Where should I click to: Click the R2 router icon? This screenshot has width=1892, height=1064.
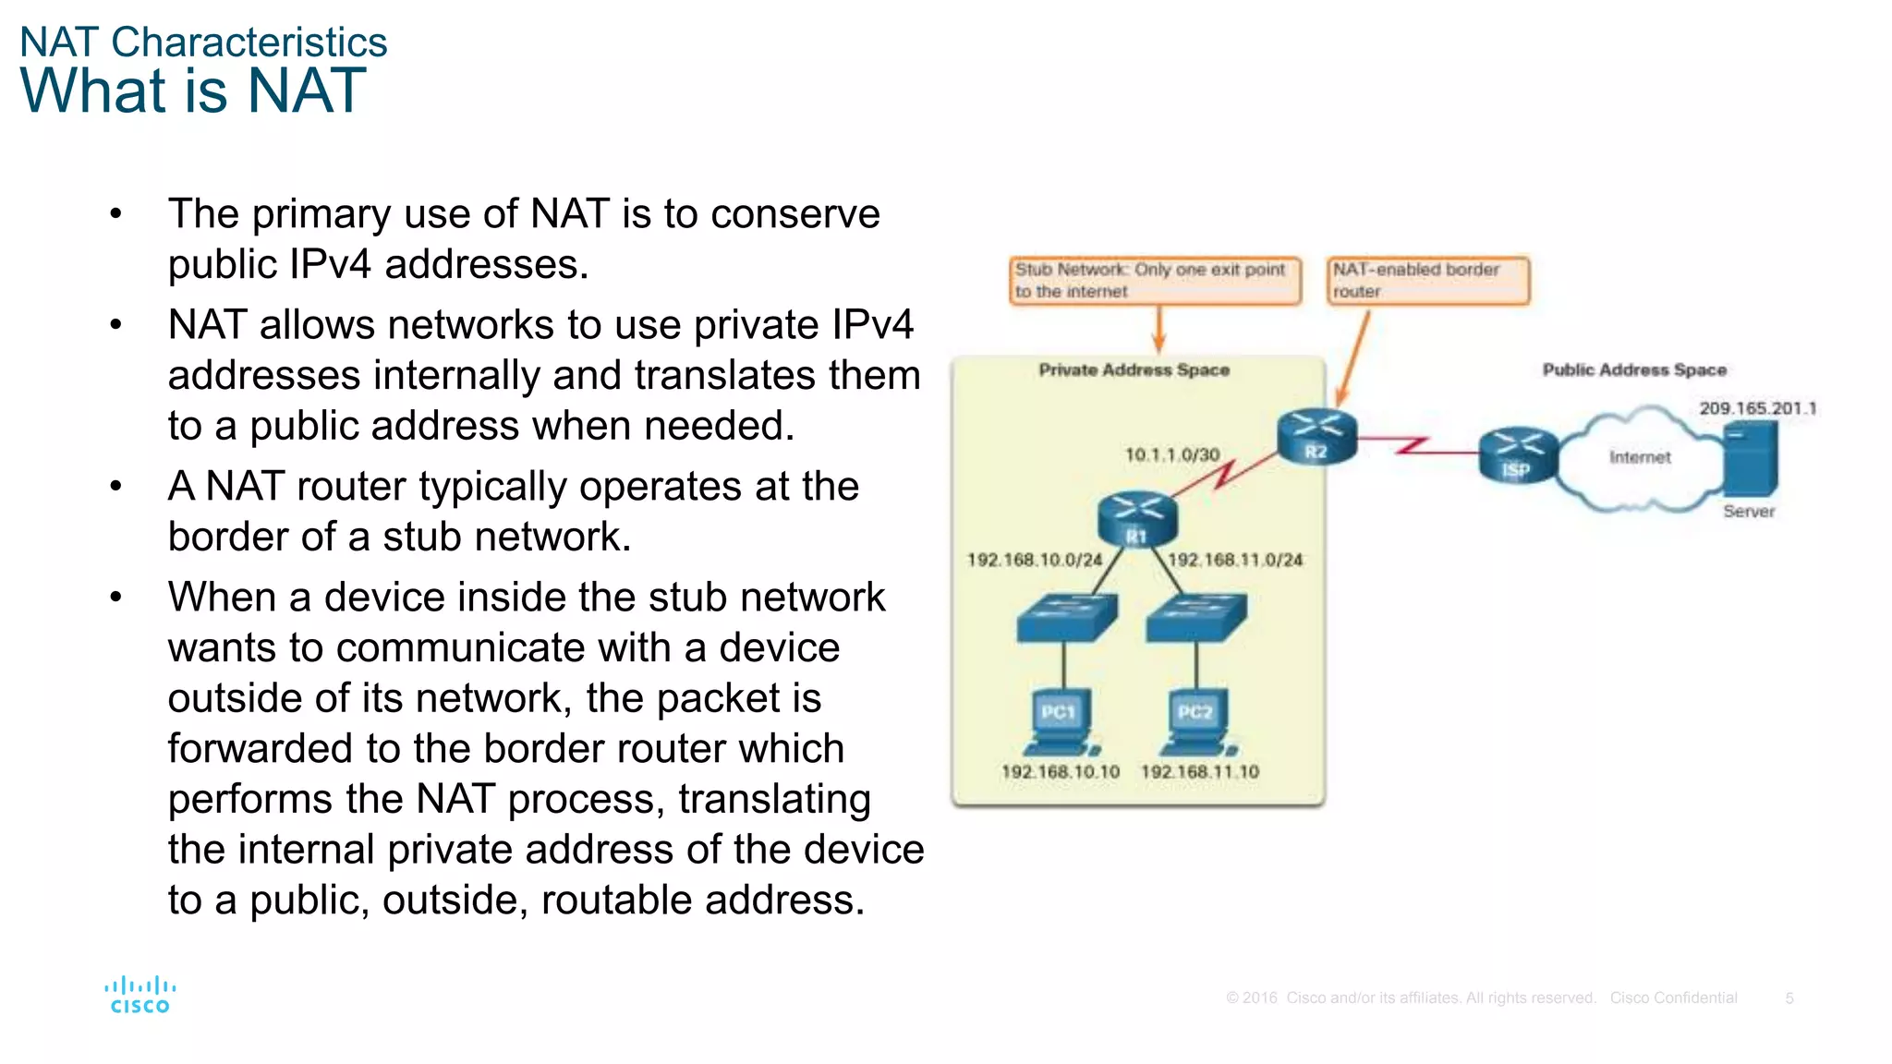coord(1316,437)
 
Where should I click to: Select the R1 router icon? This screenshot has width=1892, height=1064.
coord(1136,519)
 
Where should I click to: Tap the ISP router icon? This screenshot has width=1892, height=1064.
coord(1517,455)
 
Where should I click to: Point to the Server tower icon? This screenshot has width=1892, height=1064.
coord(1750,459)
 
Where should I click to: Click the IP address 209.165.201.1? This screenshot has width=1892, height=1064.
coord(1757,408)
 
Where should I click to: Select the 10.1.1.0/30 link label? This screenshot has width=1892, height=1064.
coord(1171,454)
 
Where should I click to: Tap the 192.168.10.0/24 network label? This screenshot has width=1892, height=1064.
coord(1034,560)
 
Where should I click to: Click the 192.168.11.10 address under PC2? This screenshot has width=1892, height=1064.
coord(1199,771)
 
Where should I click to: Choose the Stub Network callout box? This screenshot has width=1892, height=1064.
coord(1155,280)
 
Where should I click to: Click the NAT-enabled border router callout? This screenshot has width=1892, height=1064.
coord(1427,280)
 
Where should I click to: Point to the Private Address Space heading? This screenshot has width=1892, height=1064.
coord(1134,369)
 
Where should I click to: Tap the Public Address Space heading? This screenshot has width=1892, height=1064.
coord(1633,369)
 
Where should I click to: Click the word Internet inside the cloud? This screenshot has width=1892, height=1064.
coord(1639,457)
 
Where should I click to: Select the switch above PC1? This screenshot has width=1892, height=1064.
coord(1066,617)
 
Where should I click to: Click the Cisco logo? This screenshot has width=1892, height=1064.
coord(139,995)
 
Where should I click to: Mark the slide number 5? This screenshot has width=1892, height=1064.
coord(1789,997)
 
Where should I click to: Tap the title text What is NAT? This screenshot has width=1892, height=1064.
coord(193,91)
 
